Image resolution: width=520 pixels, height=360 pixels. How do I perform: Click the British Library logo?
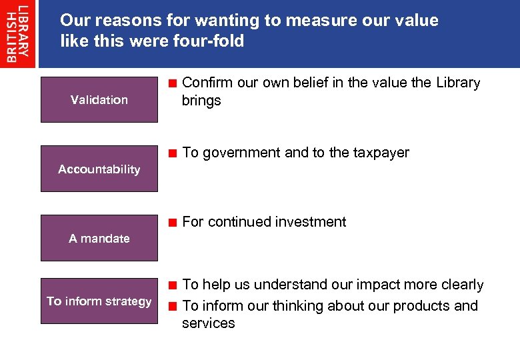point(18,33)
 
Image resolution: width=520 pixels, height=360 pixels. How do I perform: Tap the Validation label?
point(99,100)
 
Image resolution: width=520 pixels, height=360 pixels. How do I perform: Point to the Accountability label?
point(99,169)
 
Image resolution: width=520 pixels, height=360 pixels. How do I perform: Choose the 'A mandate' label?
point(99,238)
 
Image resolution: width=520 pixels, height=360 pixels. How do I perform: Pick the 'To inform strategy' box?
point(99,301)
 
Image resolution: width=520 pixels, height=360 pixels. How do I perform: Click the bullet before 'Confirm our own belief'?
point(172,84)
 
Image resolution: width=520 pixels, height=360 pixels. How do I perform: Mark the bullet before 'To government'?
point(172,153)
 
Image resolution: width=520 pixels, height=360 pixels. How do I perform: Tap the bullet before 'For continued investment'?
point(172,223)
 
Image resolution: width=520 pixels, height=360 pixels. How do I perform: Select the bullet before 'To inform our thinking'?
point(172,307)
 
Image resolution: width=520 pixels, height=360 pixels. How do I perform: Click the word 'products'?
point(422,306)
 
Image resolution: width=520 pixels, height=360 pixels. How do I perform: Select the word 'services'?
point(208,323)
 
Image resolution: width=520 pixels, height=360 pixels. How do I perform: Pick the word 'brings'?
point(201,101)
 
